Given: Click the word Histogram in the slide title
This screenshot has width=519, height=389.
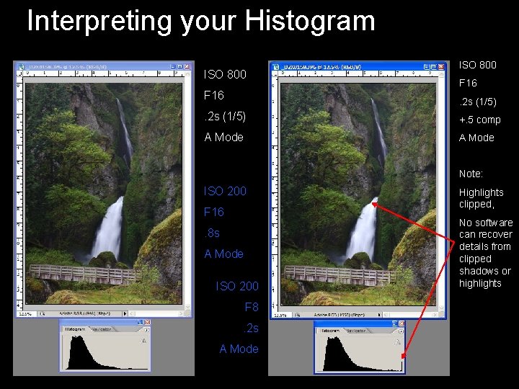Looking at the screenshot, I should click(310, 20).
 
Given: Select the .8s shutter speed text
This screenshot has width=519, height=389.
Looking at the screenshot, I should click(213, 233).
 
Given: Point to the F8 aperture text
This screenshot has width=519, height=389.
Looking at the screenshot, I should click(251, 307).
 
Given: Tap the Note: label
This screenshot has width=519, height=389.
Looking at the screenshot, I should click(472, 174).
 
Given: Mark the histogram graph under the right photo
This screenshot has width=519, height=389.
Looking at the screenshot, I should click(358, 354).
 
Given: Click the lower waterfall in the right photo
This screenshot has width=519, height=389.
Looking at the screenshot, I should click(363, 231).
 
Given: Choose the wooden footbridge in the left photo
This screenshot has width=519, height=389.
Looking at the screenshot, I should click(86, 274).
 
